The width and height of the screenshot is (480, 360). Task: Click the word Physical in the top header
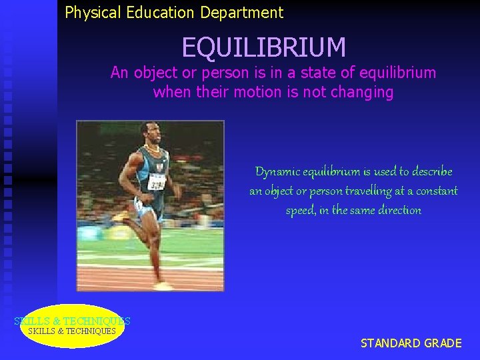(x=90, y=13)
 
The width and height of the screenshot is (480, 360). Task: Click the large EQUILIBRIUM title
(x=264, y=47)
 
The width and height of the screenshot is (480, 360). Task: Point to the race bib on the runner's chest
(x=156, y=180)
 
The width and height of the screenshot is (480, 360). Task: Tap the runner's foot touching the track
(x=163, y=285)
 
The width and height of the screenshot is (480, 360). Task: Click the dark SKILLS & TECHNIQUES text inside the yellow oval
(x=72, y=331)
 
